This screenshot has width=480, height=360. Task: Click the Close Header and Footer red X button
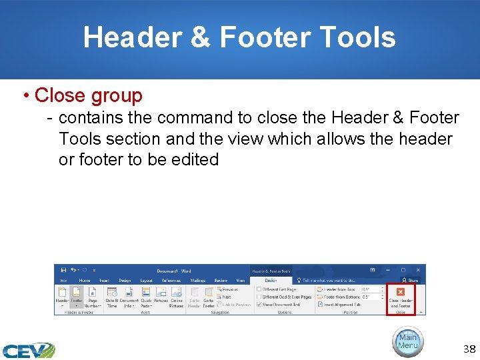click(401, 292)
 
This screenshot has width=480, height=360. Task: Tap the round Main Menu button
click(407, 341)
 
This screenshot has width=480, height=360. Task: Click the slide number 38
click(469, 349)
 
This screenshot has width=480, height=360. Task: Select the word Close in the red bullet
click(61, 95)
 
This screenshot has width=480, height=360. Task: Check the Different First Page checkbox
click(259, 289)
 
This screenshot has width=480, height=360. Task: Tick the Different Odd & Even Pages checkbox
click(259, 297)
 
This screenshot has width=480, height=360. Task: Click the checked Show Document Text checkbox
click(259, 305)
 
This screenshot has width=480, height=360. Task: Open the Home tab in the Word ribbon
click(85, 281)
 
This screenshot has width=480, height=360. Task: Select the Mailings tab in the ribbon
click(197, 281)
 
